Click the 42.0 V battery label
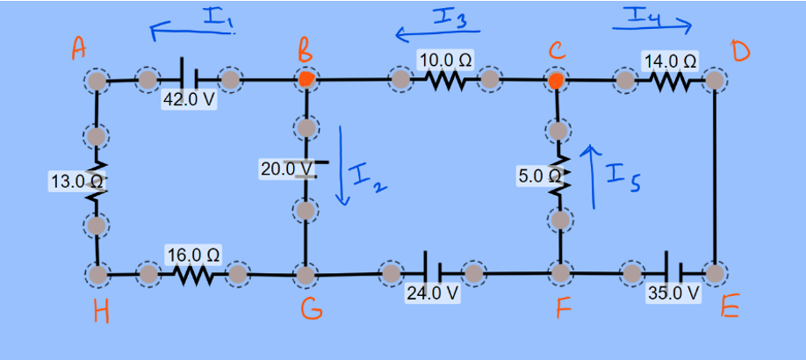click(x=189, y=100)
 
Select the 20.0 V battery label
click(x=286, y=168)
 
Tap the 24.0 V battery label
click(x=432, y=293)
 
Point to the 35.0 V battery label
click(x=673, y=293)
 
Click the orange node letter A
click(x=79, y=51)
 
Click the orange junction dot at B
click(x=306, y=80)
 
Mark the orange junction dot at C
click(x=556, y=82)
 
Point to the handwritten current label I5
click(x=624, y=179)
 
